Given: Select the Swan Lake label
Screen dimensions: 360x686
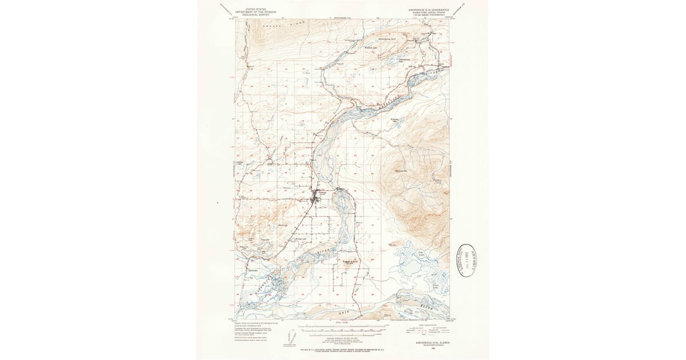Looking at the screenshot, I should pos(435,285).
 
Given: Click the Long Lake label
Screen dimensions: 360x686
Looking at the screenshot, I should pos(265,239).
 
